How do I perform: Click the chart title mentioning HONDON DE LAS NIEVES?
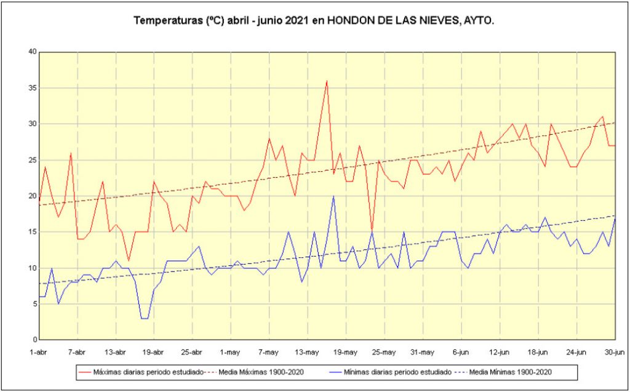tap(314, 20)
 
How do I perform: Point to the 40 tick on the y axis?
tap(32, 52)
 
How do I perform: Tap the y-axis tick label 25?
tap(32, 160)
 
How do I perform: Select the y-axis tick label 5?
tap(34, 304)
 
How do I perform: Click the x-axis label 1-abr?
tap(39, 352)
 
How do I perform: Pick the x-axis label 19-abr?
tap(153, 352)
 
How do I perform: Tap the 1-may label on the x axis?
tap(229, 352)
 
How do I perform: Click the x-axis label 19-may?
tap(345, 352)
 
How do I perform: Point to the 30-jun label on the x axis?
tap(615, 352)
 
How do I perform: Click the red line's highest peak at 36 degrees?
tap(327, 81)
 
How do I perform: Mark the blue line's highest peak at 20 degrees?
tap(333, 196)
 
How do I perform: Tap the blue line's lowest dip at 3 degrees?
tap(145, 318)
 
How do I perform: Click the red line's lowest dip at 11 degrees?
tap(128, 261)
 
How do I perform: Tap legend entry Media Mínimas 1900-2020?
tap(511, 372)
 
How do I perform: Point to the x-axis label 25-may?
tap(384, 352)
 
